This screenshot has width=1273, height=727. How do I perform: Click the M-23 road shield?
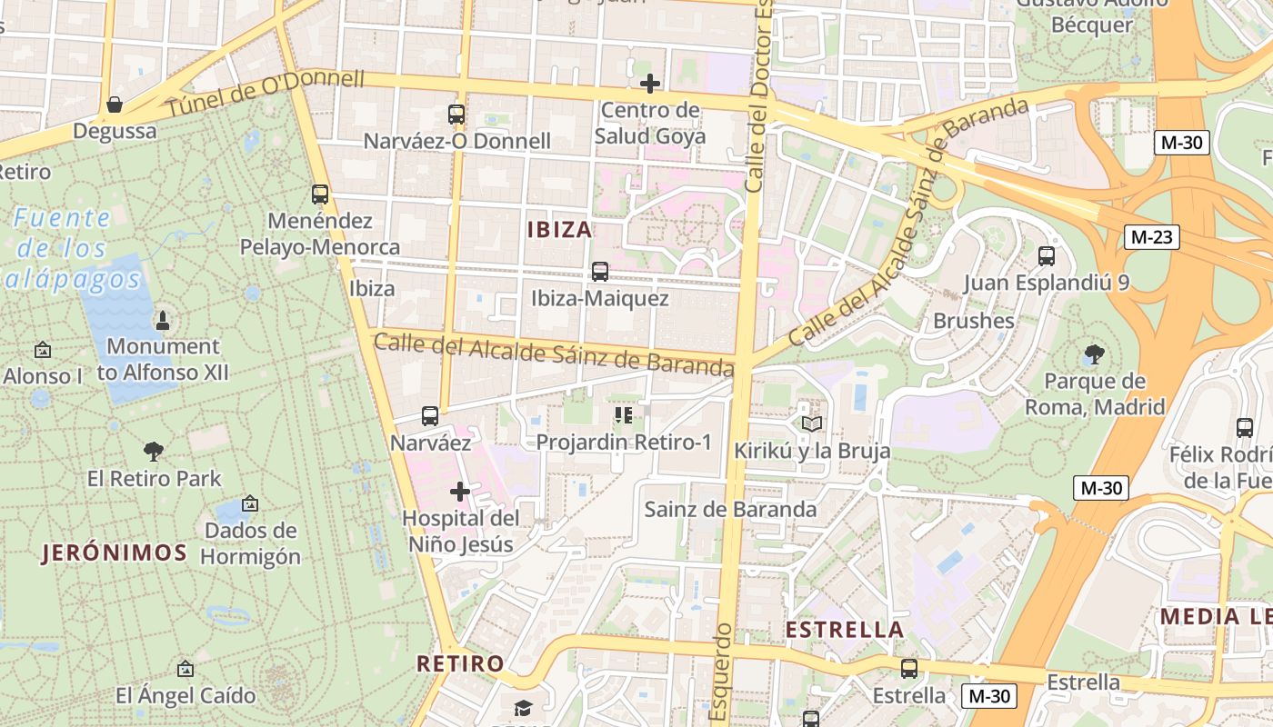(1152, 237)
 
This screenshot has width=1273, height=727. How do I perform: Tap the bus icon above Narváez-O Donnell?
(456, 115)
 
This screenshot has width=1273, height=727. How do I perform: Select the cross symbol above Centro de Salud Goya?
(649, 84)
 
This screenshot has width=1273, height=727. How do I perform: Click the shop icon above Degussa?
(115, 105)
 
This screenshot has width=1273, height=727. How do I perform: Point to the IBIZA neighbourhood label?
(559, 229)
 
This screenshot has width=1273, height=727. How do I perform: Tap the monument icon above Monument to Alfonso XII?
(163, 320)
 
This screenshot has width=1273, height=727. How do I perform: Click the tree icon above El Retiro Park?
(154, 451)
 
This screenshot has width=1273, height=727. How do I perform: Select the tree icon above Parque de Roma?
(1095, 354)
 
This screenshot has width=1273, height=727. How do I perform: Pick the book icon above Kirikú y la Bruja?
(811, 423)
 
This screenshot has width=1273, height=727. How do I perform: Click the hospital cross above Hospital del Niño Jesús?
(460, 492)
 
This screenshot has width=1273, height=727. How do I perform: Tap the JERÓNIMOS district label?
(115, 553)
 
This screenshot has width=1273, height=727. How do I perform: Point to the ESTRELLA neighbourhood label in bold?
(844, 630)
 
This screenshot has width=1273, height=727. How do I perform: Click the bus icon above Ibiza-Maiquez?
(599, 271)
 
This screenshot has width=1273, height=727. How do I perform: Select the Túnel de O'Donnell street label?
(264, 93)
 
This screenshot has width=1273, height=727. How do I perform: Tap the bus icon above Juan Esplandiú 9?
(1047, 255)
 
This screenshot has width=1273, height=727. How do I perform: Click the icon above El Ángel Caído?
(185, 669)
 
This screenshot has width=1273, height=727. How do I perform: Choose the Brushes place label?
(973, 321)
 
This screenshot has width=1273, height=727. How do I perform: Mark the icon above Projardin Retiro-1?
(623, 415)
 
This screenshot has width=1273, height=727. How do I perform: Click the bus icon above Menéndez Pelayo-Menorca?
(319, 194)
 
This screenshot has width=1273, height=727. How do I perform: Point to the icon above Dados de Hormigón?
(250, 503)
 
